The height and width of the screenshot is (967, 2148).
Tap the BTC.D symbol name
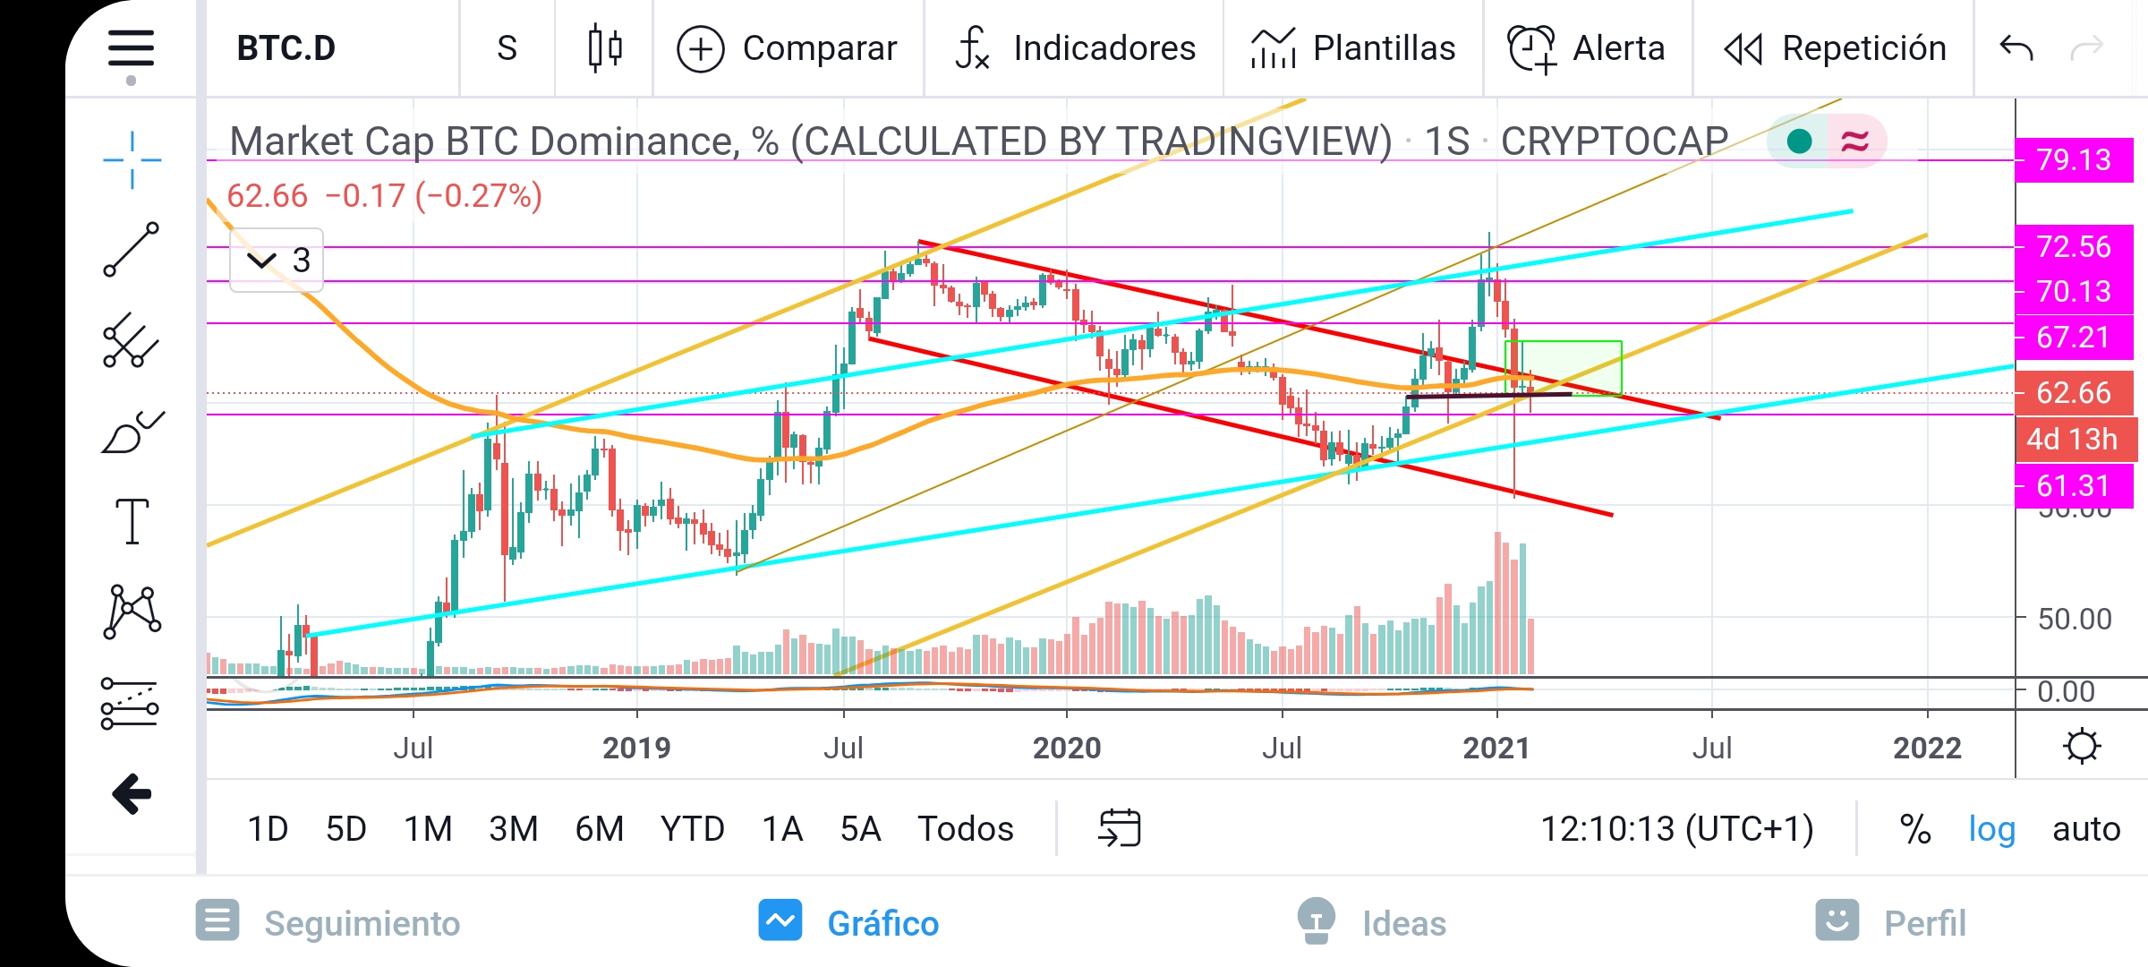point(286,48)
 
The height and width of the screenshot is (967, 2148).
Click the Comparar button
point(787,48)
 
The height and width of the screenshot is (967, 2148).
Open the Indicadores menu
point(1075,48)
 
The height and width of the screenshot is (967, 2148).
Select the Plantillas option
point(1353,48)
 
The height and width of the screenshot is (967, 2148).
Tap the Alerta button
point(1586,48)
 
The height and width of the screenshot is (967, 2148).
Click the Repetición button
point(1835,48)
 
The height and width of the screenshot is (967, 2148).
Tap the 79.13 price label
point(2074,160)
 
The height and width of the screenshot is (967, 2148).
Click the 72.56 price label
point(2074,246)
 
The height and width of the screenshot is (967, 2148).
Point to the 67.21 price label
point(2074,338)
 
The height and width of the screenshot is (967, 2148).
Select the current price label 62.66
point(2074,392)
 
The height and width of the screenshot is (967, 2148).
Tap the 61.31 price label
point(2074,486)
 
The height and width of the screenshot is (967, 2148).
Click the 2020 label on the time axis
point(1067,748)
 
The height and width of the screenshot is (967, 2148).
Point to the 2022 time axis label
point(1927,748)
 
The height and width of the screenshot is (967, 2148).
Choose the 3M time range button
point(513,829)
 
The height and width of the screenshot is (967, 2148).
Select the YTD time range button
point(692,829)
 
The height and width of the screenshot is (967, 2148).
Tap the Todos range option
point(966,829)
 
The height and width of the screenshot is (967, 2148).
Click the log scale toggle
point(1991,830)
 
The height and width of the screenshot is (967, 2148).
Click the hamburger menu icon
point(132,48)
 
